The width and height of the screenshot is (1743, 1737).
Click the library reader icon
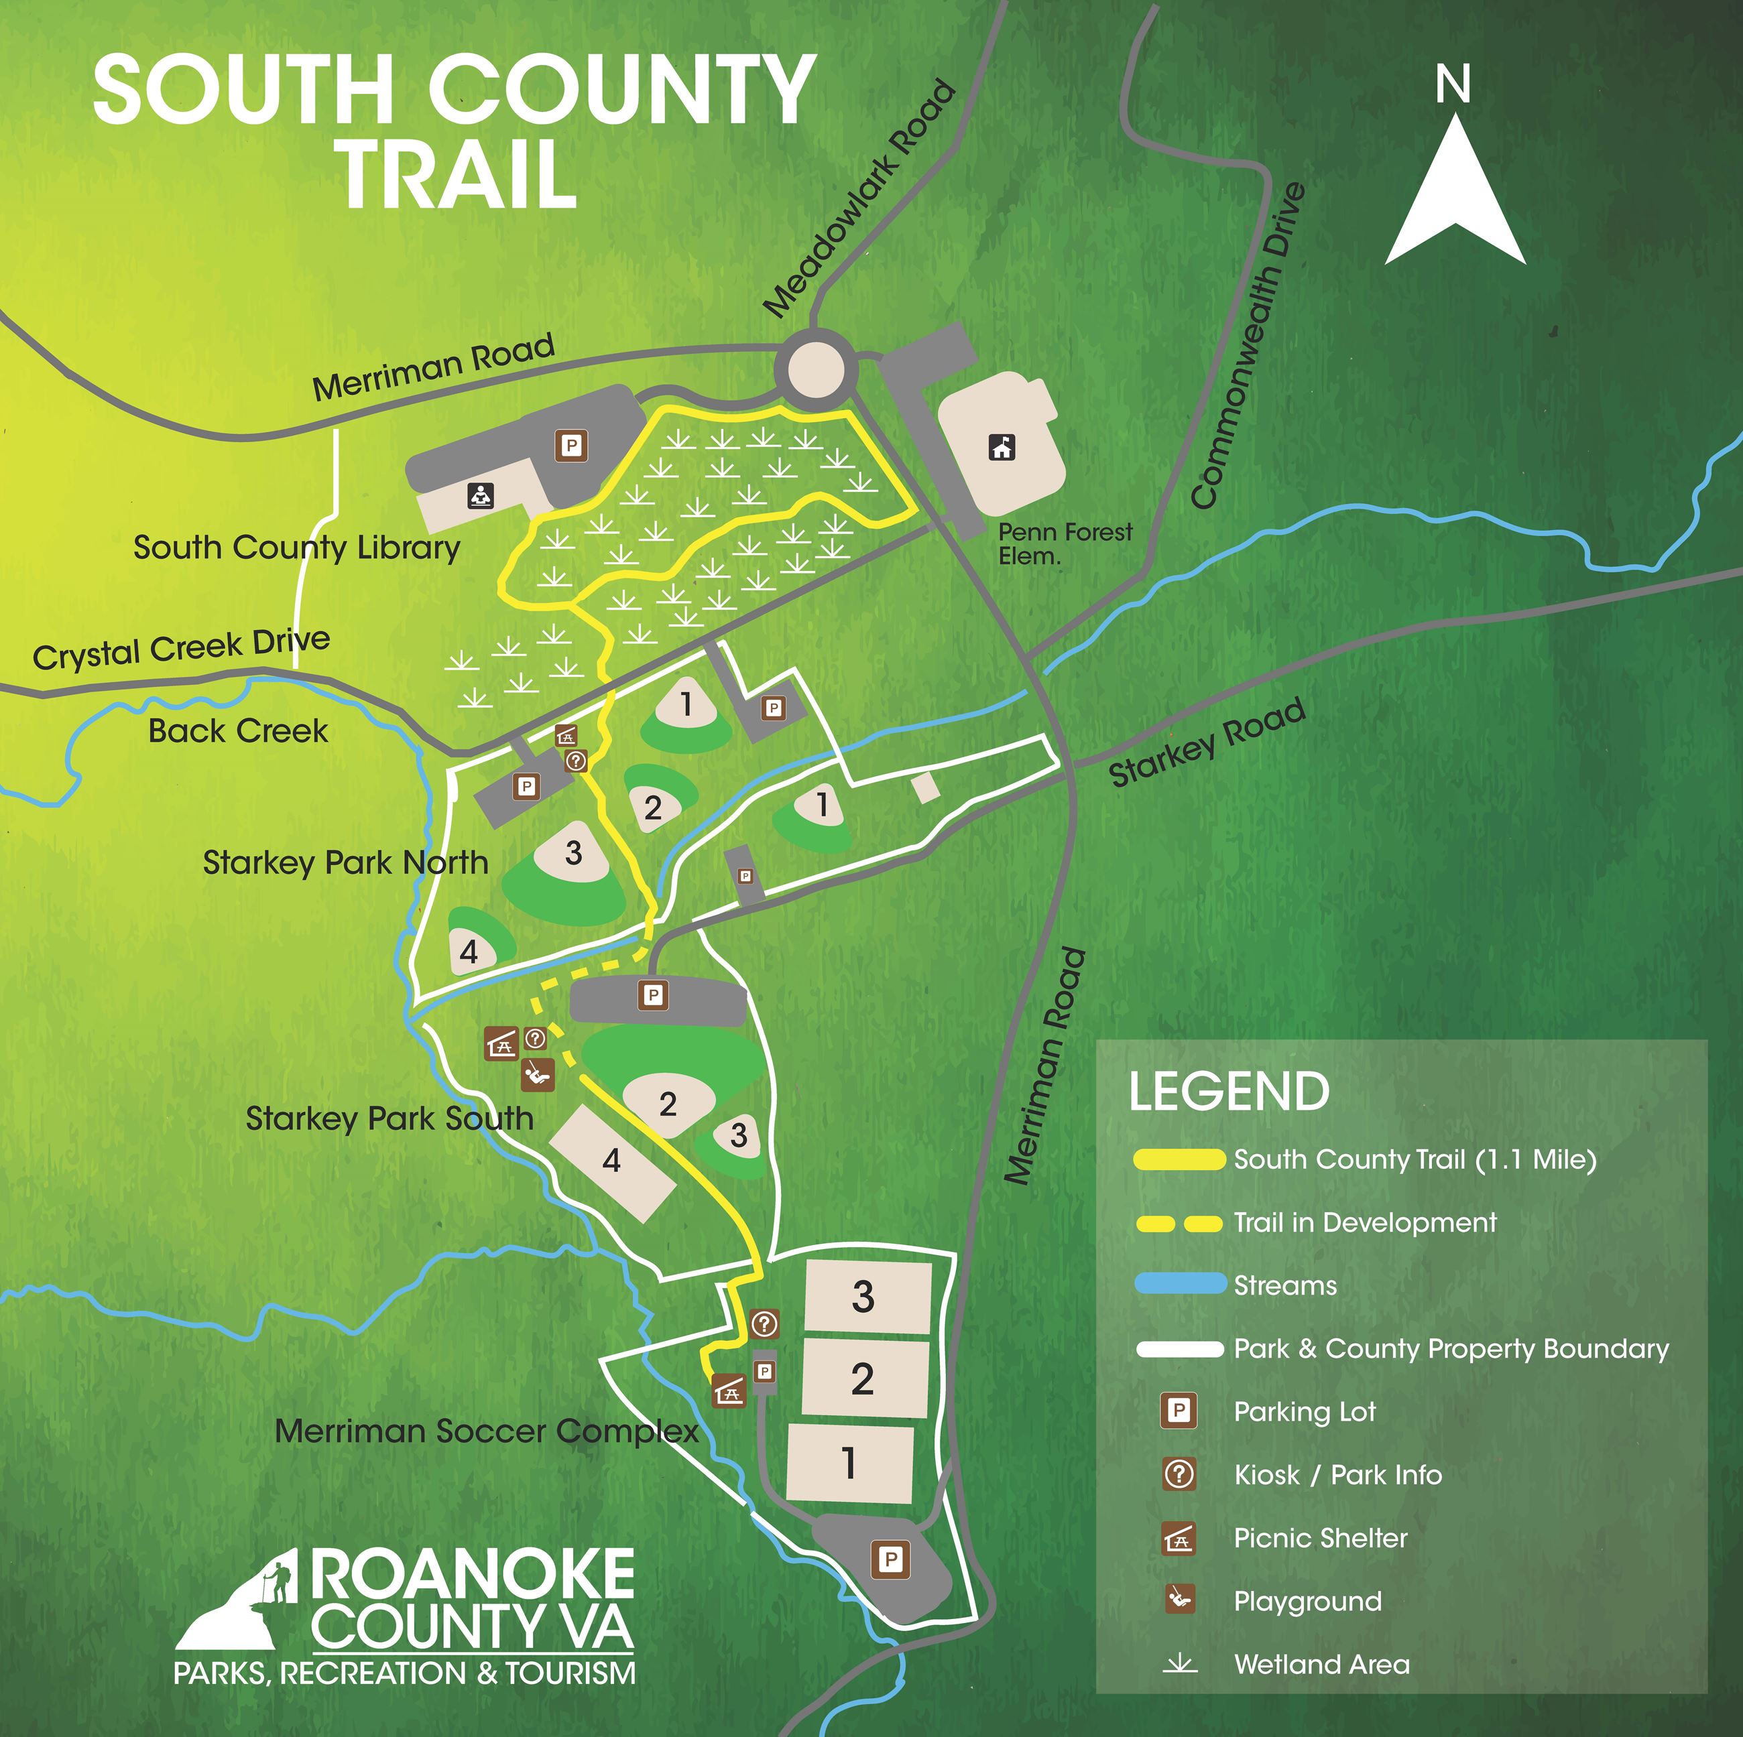pos(481,495)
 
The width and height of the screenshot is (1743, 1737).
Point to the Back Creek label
pos(238,730)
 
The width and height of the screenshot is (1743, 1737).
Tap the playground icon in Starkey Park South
pos(538,1074)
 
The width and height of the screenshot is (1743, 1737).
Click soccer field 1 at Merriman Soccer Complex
pos(849,1462)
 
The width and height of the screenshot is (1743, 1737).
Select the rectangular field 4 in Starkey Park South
pos(611,1161)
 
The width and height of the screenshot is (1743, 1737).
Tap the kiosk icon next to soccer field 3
pos(764,1324)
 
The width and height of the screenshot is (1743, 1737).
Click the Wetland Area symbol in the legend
pos(1179,1664)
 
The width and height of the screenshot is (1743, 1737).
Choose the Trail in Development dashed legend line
pos(1179,1223)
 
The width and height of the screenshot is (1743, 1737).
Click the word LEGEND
pos(1229,1091)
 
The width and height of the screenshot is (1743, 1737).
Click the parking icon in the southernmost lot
pos(890,1559)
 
